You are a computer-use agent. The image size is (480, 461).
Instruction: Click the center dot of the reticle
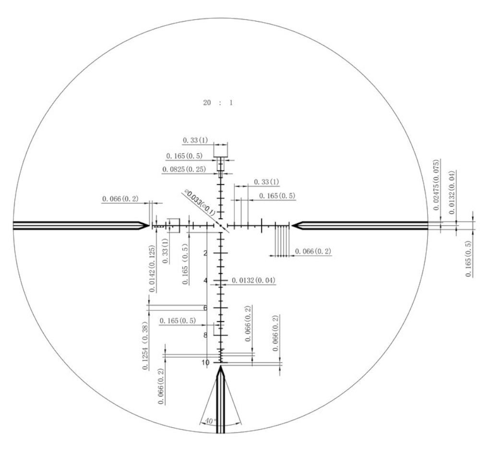pyautogui.click(x=220, y=226)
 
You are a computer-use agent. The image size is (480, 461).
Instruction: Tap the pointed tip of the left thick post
pyautogui.click(x=149, y=226)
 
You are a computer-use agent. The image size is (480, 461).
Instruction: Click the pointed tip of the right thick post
pyautogui.click(x=292, y=226)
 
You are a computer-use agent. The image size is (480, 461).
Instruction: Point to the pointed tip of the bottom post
pyautogui.click(x=220, y=366)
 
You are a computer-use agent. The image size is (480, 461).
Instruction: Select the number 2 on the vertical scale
pyautogui.click(x=205, y=253)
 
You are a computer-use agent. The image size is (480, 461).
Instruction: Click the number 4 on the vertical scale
pyautogui.click(x=205, y=280)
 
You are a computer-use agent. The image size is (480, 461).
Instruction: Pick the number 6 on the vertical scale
pyautogui.click(x=205, y=308)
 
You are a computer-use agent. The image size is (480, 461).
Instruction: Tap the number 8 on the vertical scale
pyautogui.click(x=205, y=335)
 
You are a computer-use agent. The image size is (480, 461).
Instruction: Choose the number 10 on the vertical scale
pyautogui.click(x=205, y=362)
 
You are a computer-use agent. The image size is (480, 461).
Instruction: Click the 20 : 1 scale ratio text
pyautogui.click(x=218, y=103)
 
